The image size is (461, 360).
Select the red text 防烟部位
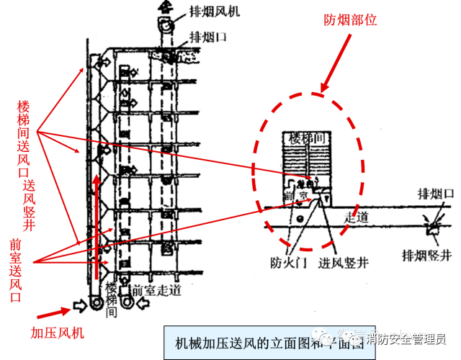click(352, 21)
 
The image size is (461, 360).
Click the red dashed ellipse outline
click(256, 166)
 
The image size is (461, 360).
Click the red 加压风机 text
click(58, 333)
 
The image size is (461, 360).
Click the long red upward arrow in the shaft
click(96, 230)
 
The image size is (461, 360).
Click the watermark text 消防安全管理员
click(407, 338)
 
